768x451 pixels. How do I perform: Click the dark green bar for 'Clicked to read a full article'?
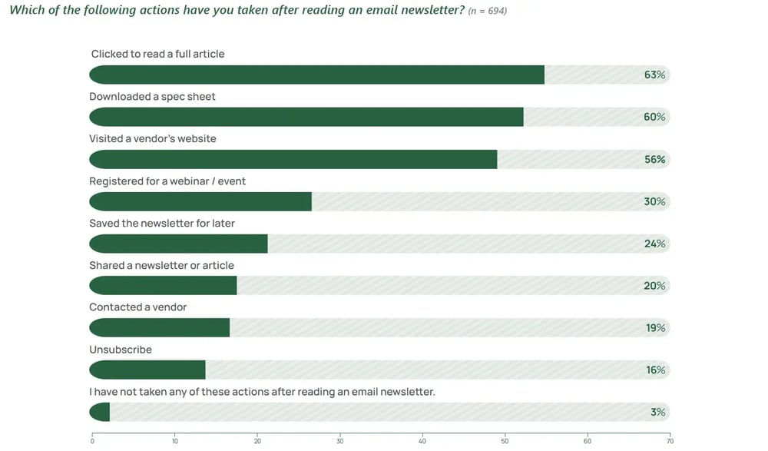click(316, 75)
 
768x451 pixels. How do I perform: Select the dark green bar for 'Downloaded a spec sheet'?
click(306, 117)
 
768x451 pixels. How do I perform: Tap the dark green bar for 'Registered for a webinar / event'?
click(200, 201)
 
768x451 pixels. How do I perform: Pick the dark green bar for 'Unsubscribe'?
click(147, 370)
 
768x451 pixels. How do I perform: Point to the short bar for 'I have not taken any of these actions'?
click(99, 412)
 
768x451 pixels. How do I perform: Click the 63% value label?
click(654, 75)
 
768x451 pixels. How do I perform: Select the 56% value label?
click(654, 159)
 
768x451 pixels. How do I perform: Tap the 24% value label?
click(654, 244)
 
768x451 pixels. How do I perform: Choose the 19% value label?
click(655, 328)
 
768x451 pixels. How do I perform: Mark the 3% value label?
click(657, 412)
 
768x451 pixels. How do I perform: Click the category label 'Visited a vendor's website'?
click(153, 138)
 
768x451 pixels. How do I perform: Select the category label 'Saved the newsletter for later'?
click(162, 223)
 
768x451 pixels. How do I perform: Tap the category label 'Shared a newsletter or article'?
click(161, 265)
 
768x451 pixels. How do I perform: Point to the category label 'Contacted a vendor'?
click(138, 307)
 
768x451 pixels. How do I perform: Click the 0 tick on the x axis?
click(92, 441)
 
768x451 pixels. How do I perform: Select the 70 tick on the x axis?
click(670, 441)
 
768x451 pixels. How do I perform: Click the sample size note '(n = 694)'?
click(487, 11)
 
